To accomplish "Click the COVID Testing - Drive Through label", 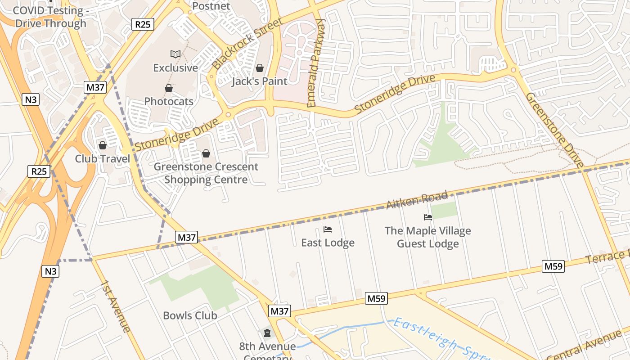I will click(x=50, y=17).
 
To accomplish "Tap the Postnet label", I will click(x=211, y=6).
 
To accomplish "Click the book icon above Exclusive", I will click(x=175, y=54).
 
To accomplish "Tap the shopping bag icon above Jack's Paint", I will click(x=260, y=68).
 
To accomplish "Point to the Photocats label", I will click(x=169, y=101).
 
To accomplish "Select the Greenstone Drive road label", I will click(x=555, y=130).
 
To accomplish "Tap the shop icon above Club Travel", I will click(x=103, y=145).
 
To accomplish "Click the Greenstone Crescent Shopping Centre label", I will click(x=206, y=173).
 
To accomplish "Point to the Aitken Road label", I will click(x=417, y=200).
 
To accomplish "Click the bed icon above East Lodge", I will click(x=328, y=229).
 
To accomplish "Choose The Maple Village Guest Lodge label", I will click(x=427, y=237).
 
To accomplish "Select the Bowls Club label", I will click(x=190, y=315).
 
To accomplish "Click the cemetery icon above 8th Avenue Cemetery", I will click(x=267, y=333).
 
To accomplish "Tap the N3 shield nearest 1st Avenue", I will click(x=51, y=271).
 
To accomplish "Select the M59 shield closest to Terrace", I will click(x=553, y=266).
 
